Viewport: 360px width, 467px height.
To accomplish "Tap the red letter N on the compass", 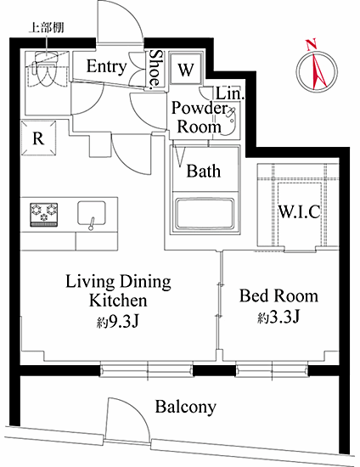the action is click(312, 45).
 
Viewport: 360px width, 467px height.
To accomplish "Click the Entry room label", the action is click(107, 66).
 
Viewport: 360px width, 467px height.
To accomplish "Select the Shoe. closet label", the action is click(155, 70).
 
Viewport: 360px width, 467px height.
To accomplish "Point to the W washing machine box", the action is click(187, 69).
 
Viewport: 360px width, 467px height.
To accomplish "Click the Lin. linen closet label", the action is click(230, 93).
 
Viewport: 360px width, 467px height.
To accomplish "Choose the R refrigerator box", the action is click(39, 138).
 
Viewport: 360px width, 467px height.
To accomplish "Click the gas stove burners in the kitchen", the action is click(44, 215).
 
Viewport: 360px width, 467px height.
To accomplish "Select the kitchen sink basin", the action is click(92, 213).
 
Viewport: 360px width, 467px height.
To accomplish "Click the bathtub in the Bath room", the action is click(205, 215).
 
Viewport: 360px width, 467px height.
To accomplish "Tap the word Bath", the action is click(204, 172).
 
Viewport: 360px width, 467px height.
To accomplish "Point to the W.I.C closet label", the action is click(299, 211).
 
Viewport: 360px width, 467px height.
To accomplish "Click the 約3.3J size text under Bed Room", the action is click(278, 318).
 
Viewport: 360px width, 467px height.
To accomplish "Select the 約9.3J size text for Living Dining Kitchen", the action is click(118, 321).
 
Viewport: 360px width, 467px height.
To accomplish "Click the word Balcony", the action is click(185, 407).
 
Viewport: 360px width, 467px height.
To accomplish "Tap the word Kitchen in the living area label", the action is click(118, 301).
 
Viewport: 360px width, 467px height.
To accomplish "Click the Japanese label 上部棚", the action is click(46, 28).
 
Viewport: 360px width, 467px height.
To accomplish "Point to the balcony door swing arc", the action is click(133, 411).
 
